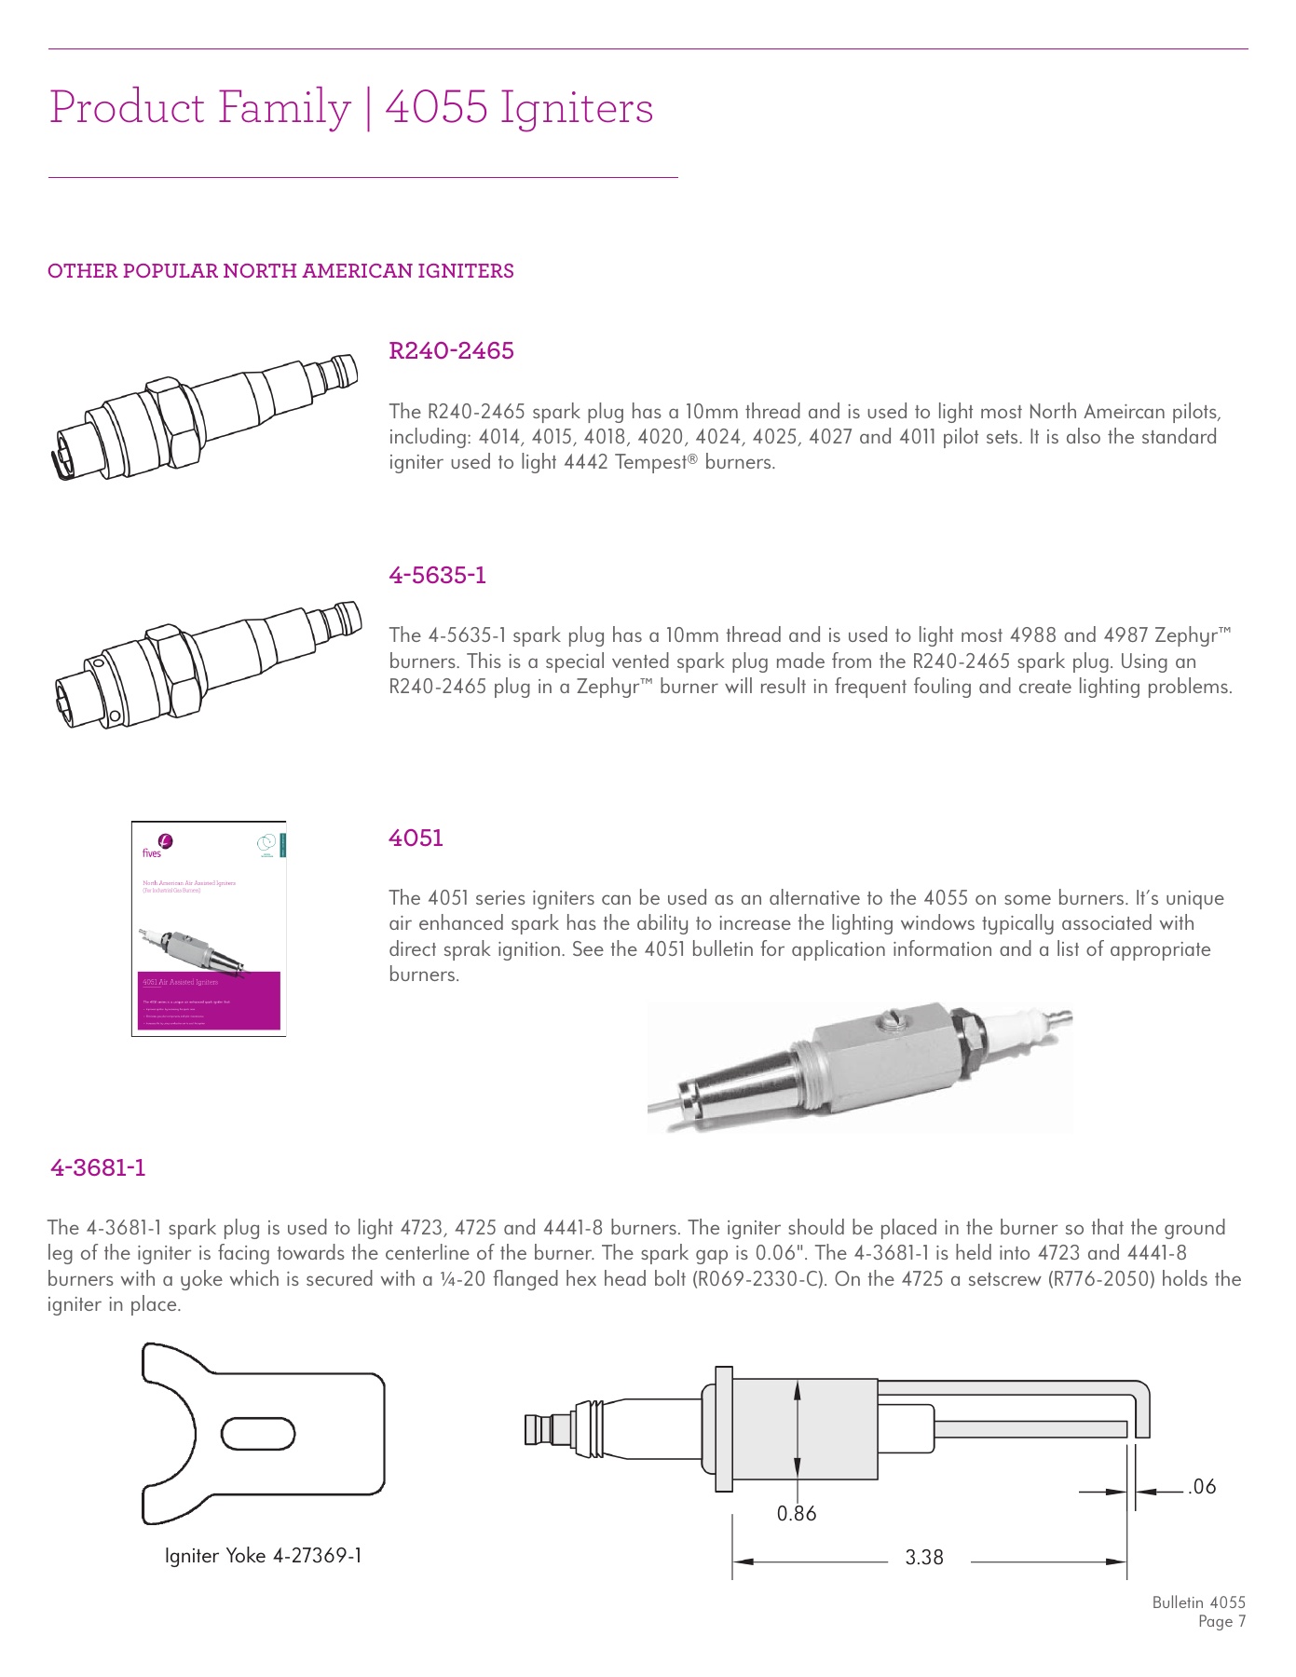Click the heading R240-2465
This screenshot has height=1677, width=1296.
(451, 351)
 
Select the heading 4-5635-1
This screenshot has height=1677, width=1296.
(437, 576)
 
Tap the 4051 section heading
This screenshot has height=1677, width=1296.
(416, 838)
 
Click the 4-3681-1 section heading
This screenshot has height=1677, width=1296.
(98, 1168)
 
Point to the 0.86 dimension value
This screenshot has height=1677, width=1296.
(797, 1514)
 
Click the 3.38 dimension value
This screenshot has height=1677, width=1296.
(924, 1558)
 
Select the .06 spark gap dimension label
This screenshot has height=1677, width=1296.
(1202, 1487)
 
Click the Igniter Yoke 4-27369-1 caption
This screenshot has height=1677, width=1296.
(263, 1556)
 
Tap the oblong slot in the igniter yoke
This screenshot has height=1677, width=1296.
(258, 1434)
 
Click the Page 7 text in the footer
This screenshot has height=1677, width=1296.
(1221, 1622)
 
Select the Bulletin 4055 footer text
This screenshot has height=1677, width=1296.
(1198, 1602)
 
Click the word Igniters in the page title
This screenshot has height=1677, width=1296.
(577, 108)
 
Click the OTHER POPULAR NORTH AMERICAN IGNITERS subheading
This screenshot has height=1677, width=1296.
(280, 271)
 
